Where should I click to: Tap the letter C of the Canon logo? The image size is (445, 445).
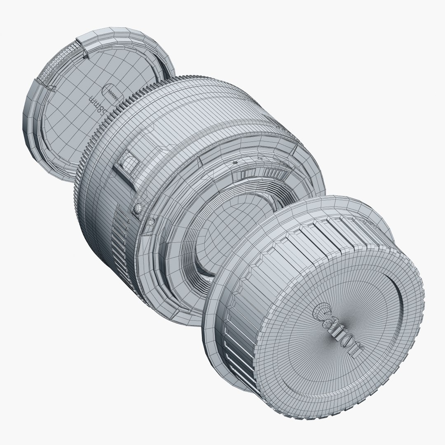[x=321, y=311]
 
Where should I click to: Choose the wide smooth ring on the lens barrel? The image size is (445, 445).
[x=198, y=124]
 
